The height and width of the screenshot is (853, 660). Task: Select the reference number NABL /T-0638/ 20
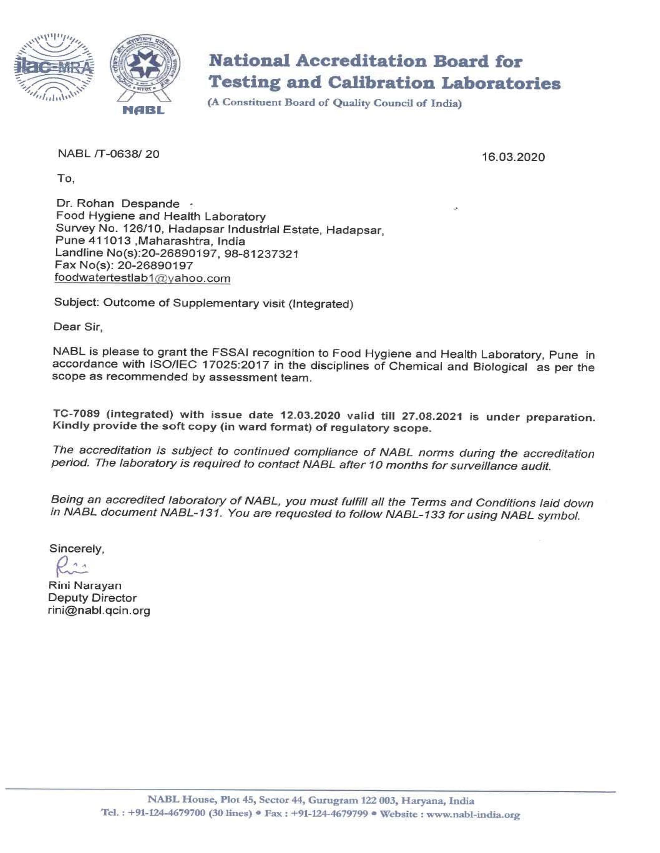[109, 154]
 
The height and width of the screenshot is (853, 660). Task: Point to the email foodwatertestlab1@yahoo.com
[142, 278]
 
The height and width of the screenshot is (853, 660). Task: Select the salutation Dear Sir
[78, 326]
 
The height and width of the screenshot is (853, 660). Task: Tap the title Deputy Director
[92, 598]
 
